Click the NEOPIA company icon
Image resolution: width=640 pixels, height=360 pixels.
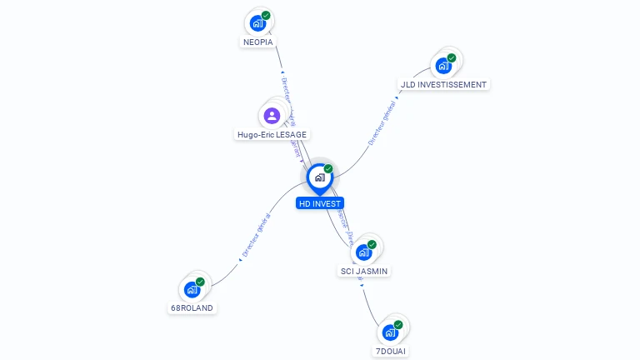(x=258, y=23)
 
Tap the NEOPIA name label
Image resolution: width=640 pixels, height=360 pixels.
(x=258, y=42)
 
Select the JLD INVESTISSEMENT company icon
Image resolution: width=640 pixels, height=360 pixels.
(x=443, y=65)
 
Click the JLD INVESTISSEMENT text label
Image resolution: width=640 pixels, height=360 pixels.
(x=443, y=84)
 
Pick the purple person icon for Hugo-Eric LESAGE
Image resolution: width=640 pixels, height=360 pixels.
(x=272, y=115)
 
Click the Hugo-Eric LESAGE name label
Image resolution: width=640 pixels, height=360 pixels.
(x=272, y=134)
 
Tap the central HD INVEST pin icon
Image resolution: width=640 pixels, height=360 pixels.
(x=319, y=177)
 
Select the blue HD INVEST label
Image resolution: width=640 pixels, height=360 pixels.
(x=320, y=203)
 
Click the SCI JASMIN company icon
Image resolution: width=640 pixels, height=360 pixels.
(x=364, y=252)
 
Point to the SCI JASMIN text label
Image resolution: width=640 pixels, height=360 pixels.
(x=364, y=271)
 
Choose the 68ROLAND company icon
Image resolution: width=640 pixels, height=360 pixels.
(x=192, y=289)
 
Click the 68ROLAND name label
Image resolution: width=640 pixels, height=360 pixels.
(x=192, y=307)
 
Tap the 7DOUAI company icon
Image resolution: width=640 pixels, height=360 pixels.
(x=390, y=332)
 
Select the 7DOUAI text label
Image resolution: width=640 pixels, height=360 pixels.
(x=390, y=351)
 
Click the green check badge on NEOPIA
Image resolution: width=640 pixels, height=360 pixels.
(x=266, y=15)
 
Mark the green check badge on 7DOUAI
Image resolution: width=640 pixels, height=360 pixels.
(x=398, y=324)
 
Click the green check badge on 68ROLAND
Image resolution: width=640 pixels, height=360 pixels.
(x=200, y=282)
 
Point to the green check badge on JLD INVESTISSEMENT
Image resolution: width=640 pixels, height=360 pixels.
(x=452, y=57)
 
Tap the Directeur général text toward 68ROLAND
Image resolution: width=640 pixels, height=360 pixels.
(x=256, y=234)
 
